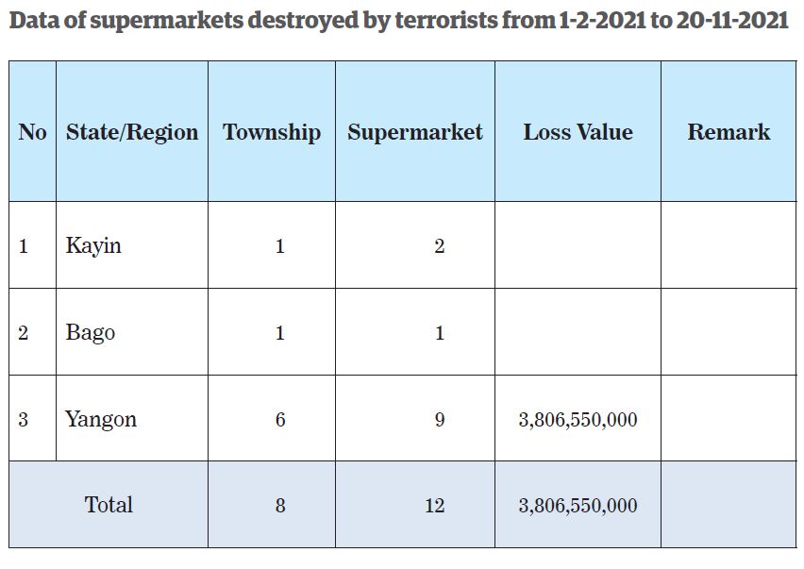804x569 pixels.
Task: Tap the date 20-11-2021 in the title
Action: [732, 21]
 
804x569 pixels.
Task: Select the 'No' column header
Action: [32, 132]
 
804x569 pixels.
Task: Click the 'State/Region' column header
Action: [132, 132]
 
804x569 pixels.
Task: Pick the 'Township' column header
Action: [272, 132]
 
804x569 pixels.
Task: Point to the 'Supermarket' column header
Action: [415, 132]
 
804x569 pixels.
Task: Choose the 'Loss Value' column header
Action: [578, 132]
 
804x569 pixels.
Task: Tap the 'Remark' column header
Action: [729, 132]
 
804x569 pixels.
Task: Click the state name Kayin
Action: [93, 246]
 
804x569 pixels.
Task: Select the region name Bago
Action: [91, 333]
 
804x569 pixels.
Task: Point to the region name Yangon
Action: [101, 419]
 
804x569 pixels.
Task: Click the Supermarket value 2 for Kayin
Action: [440, 247]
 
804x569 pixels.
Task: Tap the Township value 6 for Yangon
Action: [280, 419]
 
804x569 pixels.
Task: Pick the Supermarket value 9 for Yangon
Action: [440, 419]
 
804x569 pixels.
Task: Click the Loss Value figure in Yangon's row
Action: [578, 419]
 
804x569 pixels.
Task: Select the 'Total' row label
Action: [109, 505]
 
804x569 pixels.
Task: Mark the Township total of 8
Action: [280, 506]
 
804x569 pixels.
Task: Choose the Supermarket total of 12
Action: [434, 506]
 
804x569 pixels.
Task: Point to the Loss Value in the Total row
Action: [578, 506]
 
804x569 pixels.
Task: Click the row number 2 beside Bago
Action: [24, 333]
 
